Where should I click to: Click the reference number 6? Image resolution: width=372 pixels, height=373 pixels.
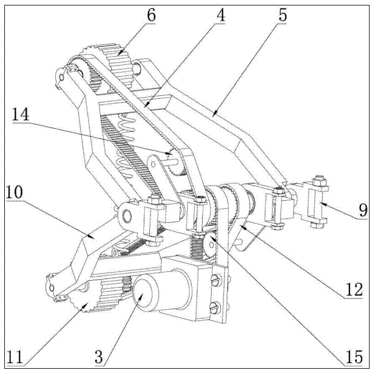[150, 14]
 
